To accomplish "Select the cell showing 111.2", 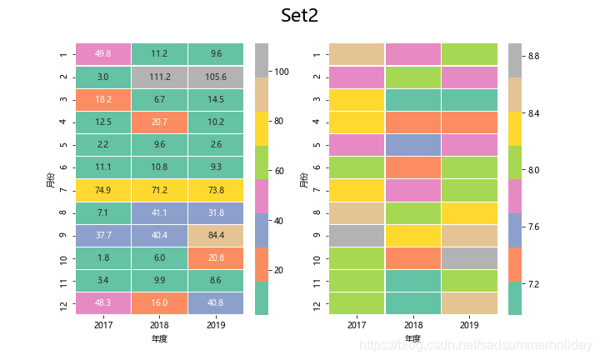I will (160, 77).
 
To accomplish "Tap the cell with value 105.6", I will (216, 77).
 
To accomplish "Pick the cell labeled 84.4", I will (216, 235).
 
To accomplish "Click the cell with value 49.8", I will (103, 54).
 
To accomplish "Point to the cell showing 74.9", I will (103, 190).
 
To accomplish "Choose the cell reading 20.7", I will (160, 122).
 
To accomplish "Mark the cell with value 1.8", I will (103, 257).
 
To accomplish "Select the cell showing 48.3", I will (103, 303).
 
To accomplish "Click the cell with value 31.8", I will (216, 212).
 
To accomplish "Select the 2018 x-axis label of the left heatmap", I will (160, 323).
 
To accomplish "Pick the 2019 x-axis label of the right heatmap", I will (469, 323).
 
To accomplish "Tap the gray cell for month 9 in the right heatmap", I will (357, 235).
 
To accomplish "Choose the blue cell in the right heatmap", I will (413, 144).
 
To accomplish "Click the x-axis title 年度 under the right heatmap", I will (412, 338).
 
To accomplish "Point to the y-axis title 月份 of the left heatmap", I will (51, 178).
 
